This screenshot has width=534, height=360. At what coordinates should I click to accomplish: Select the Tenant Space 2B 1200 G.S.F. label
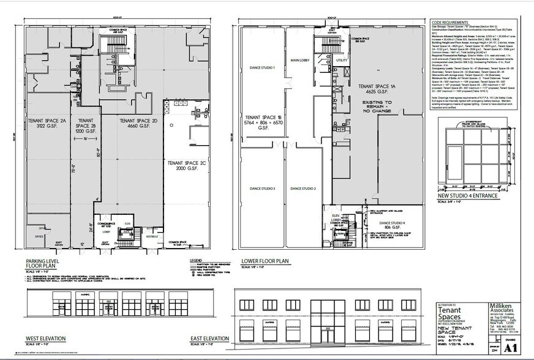point(85,125)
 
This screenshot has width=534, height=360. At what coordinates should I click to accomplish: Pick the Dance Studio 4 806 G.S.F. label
point(392,226)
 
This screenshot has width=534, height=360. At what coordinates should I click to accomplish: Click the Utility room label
point(341,61)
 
